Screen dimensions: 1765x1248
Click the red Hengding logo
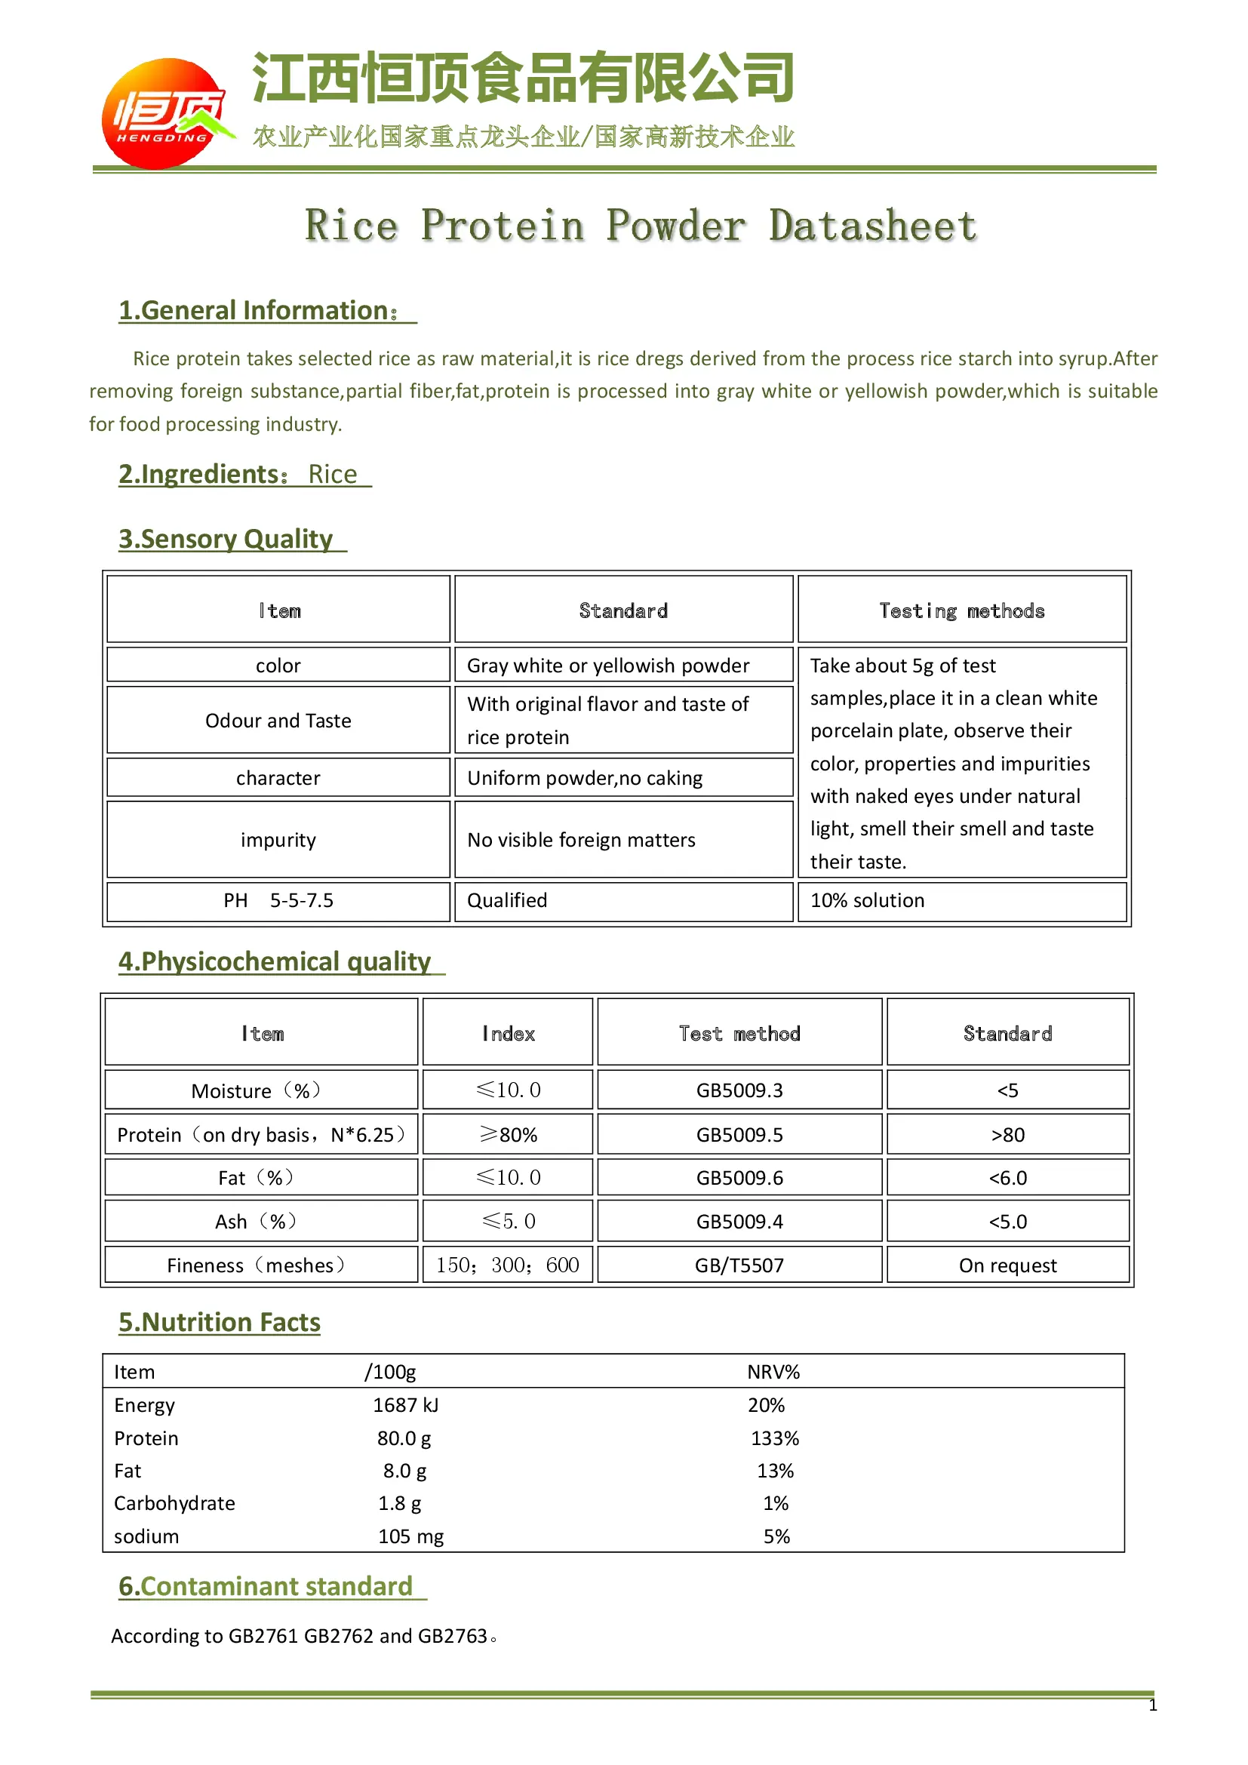click(164, 114)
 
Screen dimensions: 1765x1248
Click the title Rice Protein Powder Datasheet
click(640, 226)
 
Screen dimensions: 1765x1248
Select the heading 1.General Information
click(259, 311)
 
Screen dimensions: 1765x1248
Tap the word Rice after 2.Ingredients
click(332, 475)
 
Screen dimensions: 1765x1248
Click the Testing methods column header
click(961, 611)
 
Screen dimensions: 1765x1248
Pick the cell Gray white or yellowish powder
click(608, 666)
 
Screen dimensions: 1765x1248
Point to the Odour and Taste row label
click(278, 721)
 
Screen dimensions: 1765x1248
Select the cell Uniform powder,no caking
click(585, 778)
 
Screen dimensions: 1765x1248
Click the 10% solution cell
click(867, 900)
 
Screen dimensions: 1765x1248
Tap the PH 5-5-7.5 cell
click(278, 900)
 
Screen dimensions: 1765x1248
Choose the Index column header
click(508, 1034)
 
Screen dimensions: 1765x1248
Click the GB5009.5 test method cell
click(739, 1135)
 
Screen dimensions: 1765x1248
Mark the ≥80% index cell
click(508, 1135)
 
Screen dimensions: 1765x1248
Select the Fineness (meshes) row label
click(257, 1265)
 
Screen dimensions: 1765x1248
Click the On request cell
click(1007, 1265)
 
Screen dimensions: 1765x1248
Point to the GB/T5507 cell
click(739, 1265)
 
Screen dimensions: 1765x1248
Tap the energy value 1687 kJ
click(405, 1405)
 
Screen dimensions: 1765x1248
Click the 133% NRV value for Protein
click(775, 1438)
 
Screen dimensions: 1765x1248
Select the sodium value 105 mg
click(410, 1536)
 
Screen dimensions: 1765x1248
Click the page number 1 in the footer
click(1152, 1705)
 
